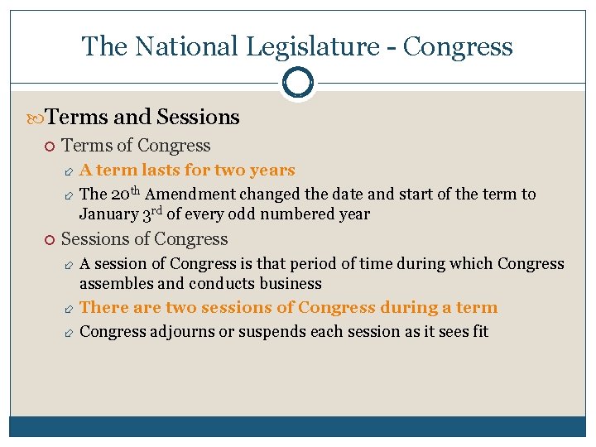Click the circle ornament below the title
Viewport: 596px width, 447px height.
pyautogui.click(x=298, y=83)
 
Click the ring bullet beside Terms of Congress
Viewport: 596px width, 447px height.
pyautogui.click(x=50, y=147)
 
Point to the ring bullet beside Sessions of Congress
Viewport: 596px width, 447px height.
pyautogui.click(x=50, y=240)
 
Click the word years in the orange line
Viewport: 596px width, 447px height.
pyautogui.click(x=272, y=171)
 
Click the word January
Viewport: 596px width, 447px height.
pyautogui.click(x=107, y=214)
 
